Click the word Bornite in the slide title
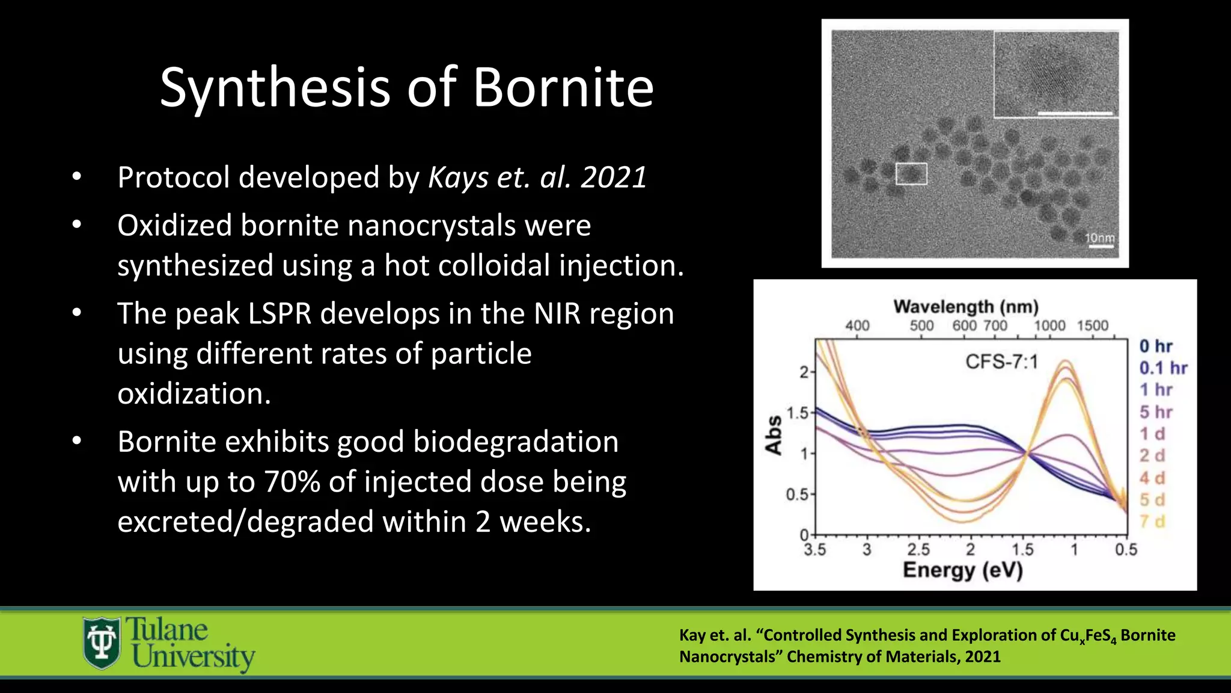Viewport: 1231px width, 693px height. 563,88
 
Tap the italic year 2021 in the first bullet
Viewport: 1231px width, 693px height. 614,177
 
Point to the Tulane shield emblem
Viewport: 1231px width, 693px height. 102,643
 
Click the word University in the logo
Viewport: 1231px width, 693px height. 194,657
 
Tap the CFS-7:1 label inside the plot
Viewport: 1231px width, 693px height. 1001,362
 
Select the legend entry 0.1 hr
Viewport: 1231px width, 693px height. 1163,368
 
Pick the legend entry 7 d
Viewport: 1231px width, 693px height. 1152,522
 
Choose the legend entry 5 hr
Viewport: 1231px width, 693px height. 1156,412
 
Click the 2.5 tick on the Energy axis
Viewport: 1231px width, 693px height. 918,549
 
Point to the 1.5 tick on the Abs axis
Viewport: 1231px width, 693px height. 798,413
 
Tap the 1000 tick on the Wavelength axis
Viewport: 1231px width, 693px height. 1049,325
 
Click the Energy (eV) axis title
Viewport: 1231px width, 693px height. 962,570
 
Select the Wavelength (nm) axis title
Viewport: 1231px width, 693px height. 966,307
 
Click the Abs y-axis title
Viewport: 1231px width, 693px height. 774,435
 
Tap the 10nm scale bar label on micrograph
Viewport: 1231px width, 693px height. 1099,238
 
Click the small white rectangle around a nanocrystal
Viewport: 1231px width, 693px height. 911,174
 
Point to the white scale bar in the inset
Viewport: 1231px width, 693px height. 1075,112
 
